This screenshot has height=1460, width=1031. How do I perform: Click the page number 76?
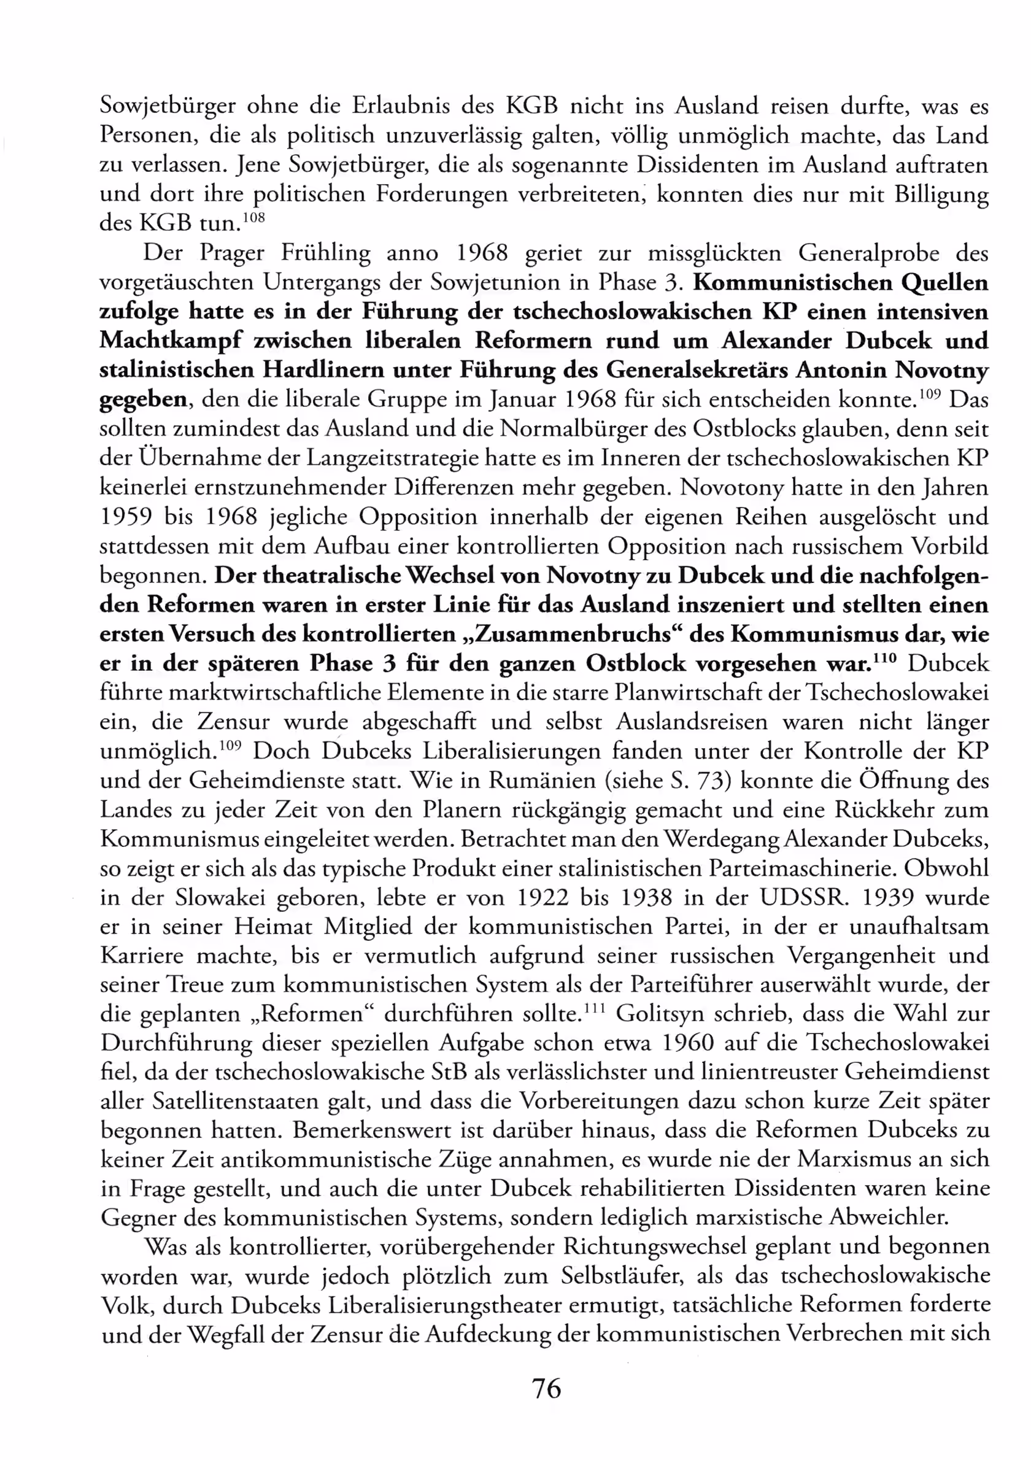(x=546, y=1388)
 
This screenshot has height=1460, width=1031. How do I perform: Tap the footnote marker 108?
(x=253, y=217)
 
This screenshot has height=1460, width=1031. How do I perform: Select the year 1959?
(x=126, y=516)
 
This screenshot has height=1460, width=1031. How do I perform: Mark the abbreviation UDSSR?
(x=805, y=897)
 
